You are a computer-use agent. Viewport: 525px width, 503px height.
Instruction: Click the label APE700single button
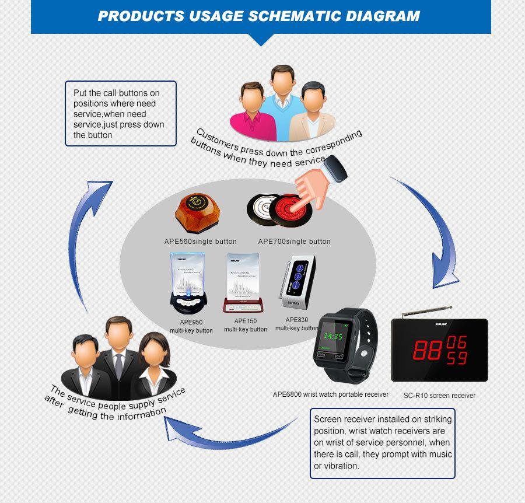(294, 242)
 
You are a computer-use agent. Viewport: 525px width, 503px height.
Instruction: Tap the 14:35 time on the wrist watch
(333, 336)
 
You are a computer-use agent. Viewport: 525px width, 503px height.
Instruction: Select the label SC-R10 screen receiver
(439, 395)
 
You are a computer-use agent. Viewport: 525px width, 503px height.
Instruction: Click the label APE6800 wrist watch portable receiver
(330, 394)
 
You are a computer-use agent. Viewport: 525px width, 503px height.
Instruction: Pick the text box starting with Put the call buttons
(120, 114)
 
